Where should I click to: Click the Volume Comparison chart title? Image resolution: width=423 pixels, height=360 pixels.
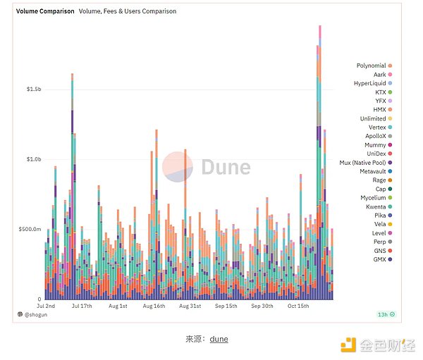coord(45,11)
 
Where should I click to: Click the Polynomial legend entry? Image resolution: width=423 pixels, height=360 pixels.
coord(371,66)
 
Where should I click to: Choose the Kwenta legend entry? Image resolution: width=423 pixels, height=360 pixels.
coord(374,206)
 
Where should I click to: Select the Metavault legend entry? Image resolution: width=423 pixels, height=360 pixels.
coord(373,171)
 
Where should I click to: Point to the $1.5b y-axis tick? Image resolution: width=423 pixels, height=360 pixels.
coord(34,90)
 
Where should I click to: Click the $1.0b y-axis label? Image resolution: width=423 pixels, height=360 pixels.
coord(34,160)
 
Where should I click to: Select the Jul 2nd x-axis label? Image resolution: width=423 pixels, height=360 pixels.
coord(46,306)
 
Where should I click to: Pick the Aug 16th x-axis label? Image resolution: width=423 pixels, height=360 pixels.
coord(154,306)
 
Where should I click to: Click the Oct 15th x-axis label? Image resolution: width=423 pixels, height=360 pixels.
coord(299,306)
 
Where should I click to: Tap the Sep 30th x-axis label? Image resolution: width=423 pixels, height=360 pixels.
coord(262,306)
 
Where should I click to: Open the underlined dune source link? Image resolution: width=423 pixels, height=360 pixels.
coord(219,339)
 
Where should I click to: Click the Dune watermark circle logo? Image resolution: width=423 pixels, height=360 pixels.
coord(178,166)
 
